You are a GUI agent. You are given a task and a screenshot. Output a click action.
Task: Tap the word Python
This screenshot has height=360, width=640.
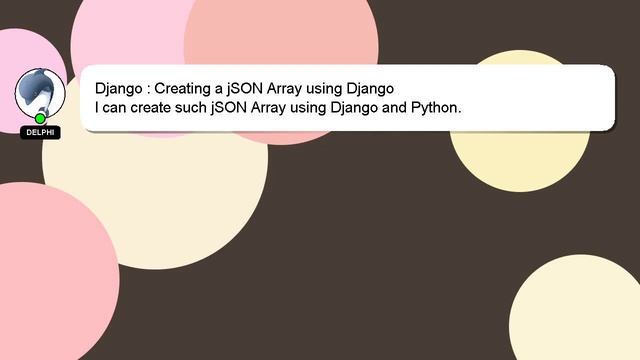tap(436, 107)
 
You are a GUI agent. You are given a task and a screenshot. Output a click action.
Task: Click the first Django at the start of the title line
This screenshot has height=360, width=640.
tap(118, 88)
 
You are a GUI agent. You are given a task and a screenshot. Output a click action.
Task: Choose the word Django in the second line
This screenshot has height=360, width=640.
tap(354, 107)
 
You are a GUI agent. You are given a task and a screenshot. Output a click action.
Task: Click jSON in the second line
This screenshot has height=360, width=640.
tap(230, 107)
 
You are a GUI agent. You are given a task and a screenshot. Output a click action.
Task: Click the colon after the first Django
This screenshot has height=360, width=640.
tap(147, 89)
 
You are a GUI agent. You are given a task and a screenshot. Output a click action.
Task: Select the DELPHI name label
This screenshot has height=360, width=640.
tap(40, 132)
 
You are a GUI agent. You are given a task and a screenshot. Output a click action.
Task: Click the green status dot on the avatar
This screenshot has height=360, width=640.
tap(40, 119)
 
